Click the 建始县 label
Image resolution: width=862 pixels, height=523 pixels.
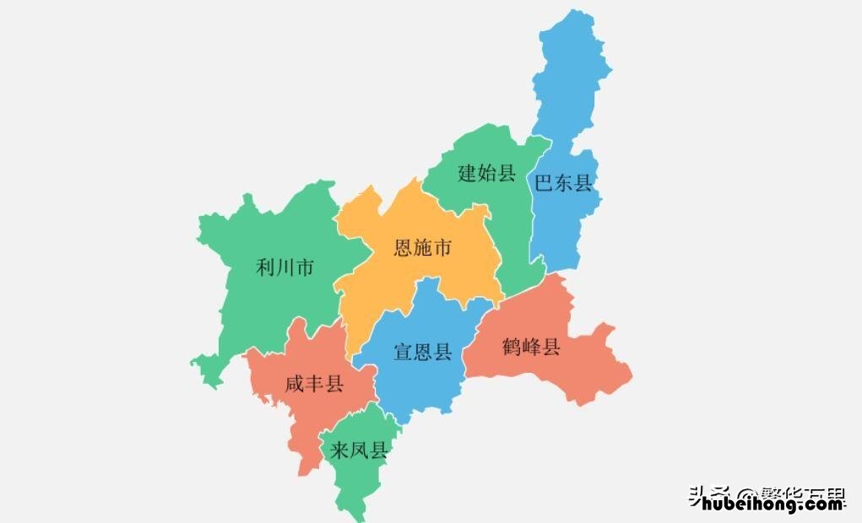click(x=486, y=174)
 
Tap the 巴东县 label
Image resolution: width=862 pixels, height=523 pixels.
click(x=564, y=182)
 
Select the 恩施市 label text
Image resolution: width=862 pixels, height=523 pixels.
click(x=423, y=248)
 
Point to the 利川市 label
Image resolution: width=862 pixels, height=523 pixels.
click(x=285, y=268)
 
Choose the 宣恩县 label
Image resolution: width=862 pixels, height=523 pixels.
click(x=423, y=352)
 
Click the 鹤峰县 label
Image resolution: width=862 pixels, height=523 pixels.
click(x=531, y=347)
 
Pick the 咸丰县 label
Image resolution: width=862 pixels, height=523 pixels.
click(x=314, y=385)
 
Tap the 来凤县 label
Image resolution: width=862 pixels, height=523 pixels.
click(x=359, y=450)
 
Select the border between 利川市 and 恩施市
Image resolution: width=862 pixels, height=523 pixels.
click(x=350, y=253)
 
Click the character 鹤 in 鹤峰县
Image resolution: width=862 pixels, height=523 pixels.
click(x=512, y=347)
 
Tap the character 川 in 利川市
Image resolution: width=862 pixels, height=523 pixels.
click(x=285, y=268)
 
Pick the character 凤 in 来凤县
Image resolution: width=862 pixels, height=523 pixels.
click(x=359, y=450)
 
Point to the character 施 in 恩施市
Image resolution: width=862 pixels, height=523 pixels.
click(x=423, y=248)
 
